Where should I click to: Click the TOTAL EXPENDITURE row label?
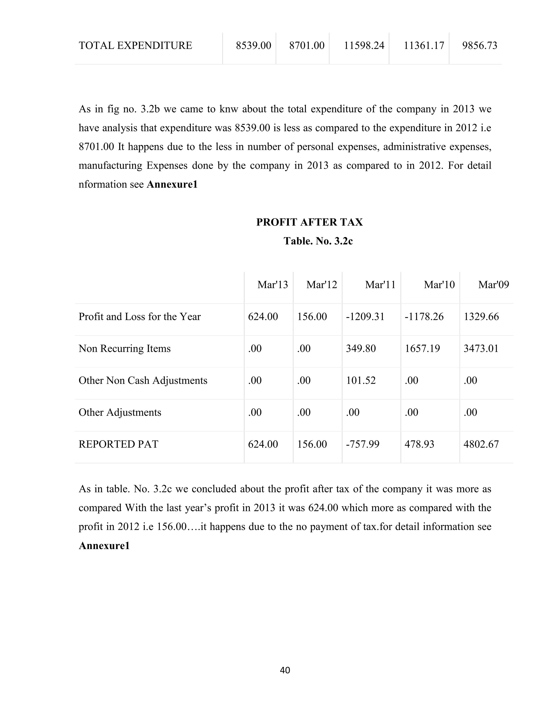(135, 45)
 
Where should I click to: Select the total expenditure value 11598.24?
(364, 45)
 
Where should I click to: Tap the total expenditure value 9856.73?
(479, 45)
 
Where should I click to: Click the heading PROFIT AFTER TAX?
(310, 222)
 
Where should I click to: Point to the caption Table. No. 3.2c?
(318, 241)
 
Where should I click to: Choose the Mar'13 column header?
(273, 285)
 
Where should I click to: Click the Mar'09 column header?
(493, 285)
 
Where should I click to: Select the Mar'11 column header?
(380, 285)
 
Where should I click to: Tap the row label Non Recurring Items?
(124, 349)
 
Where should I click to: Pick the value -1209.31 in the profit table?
(365, 317)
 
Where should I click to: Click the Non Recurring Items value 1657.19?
(422, 349)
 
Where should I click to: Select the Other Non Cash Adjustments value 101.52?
(361, 381)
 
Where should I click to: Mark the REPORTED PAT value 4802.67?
(481, 444)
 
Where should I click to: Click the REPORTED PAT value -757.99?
(363, 444)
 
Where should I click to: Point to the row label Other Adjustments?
(120, 412)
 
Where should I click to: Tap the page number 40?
(285, 670)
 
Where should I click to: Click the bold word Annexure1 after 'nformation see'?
(172, 184)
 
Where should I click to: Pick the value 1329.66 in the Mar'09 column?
(481, 317)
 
